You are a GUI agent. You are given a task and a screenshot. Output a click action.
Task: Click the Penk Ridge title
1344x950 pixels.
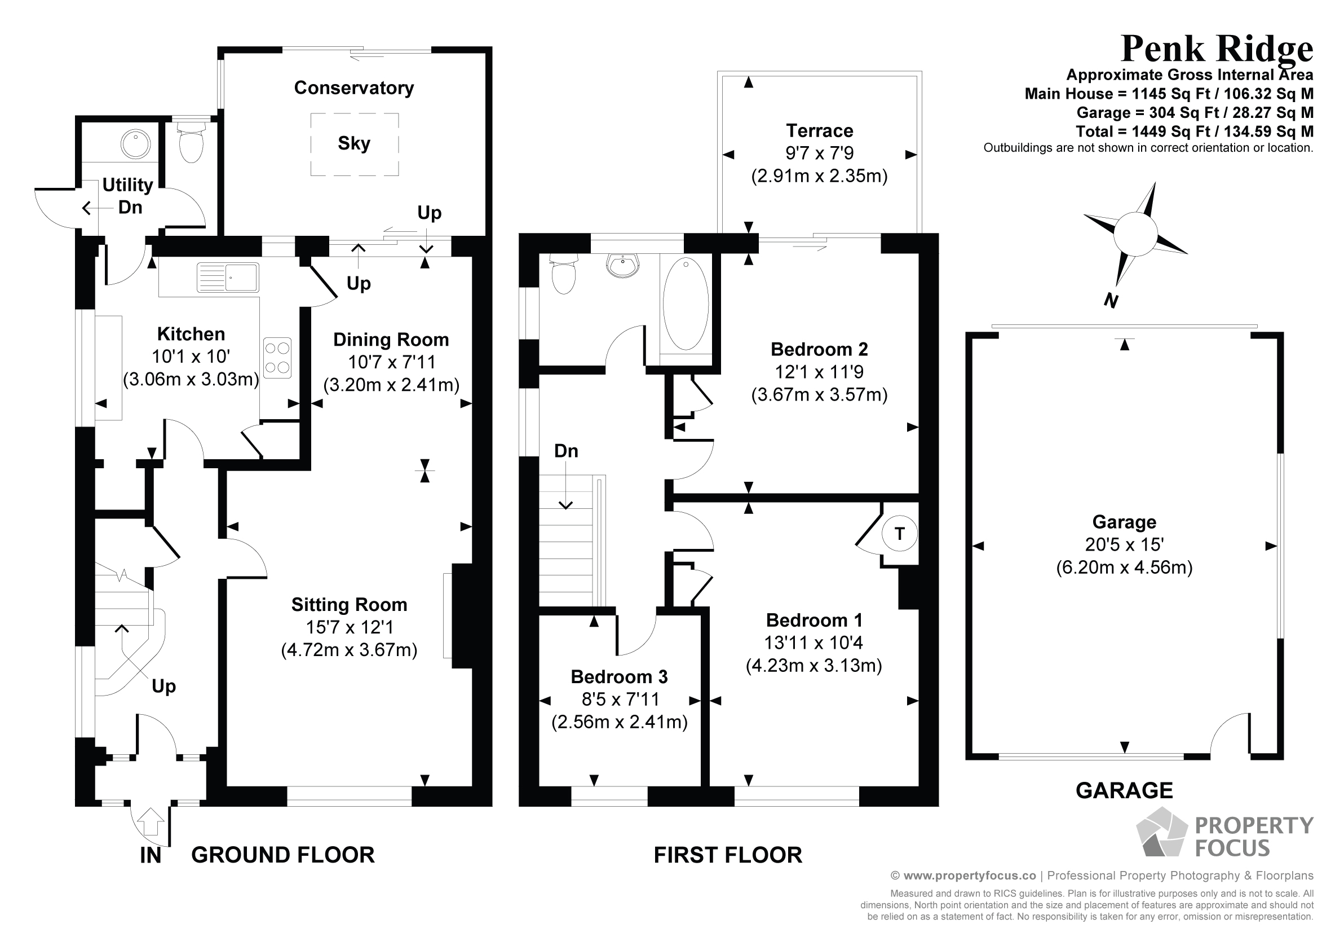[x=1217, y=49]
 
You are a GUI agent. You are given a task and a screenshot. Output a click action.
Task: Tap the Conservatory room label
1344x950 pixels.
[x=353, y=88]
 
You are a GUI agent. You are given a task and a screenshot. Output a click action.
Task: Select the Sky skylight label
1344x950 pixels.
[x=353, y=143]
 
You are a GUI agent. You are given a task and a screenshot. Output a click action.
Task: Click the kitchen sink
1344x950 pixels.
[x=228, y=277]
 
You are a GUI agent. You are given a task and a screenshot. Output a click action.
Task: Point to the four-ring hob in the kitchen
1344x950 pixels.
[x=277, y=358]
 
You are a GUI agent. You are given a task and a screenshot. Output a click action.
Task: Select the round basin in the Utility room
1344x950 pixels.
[x=136, y=143]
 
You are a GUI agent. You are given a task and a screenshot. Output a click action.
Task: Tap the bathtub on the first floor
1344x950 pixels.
[x=686, y=305]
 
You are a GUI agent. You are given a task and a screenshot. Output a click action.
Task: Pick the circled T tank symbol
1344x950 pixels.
[x=899, y=534]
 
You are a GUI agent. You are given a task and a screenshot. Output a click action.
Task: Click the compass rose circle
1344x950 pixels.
[x=1135, y=234]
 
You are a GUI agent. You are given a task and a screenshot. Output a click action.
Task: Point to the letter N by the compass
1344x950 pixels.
[x=1111, y=301]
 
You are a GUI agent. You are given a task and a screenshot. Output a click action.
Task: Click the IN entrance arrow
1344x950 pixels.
[x=151, y=822]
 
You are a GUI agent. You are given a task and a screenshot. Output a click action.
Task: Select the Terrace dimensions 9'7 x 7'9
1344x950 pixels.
[x=819, y=153]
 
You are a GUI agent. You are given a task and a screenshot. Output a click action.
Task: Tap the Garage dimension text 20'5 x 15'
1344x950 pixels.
[x=1124, y=545]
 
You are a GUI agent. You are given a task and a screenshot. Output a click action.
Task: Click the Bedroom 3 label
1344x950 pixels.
[x=619, y=677]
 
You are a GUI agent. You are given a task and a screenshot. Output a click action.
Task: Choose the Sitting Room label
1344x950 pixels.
[x=349, y=604]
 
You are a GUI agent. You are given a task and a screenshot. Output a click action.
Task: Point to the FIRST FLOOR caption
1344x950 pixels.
[x=728, y=855]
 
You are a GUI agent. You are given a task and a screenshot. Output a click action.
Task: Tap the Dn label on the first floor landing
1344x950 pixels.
[x=566, y=451]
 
